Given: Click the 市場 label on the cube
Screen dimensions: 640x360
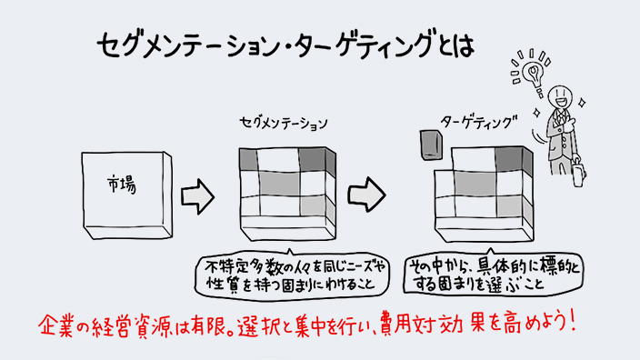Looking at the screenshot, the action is coord(122,184).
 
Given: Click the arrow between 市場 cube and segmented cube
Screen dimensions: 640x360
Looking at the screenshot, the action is coord(197,196).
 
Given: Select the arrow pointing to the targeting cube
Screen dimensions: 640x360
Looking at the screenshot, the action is coord(366,195).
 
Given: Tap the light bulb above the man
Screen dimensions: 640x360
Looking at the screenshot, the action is coord(534,74).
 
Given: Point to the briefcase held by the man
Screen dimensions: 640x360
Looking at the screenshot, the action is coord(578,174).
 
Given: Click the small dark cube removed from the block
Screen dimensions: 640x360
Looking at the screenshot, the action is coord(431,145).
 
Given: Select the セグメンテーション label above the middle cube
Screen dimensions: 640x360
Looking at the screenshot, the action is coord(284,123).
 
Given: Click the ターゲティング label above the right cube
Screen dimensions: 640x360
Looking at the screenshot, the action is coord(478,122).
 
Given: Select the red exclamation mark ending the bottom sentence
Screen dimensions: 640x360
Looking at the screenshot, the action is coord(572,320).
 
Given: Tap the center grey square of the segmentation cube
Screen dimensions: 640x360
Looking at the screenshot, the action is coord(279,184).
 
